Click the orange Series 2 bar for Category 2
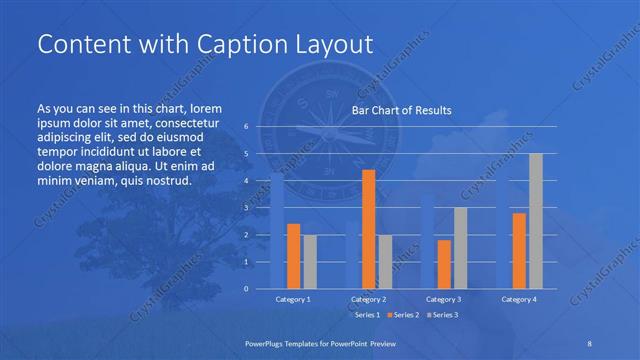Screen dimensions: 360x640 coord(368,229)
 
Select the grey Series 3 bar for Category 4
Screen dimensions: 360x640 coord(536,221)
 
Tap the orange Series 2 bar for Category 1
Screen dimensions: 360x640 coord(293,256)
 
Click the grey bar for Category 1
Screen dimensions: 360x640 coord(309,262)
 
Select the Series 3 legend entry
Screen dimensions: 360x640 coord(442,315)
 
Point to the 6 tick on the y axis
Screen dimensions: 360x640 coord(246,127)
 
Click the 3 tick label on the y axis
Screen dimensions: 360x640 coord(246,208)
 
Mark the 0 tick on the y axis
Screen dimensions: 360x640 coord(246,288)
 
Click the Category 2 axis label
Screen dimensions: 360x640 coord(368,299)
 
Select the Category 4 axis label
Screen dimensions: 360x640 coord(519,299)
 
